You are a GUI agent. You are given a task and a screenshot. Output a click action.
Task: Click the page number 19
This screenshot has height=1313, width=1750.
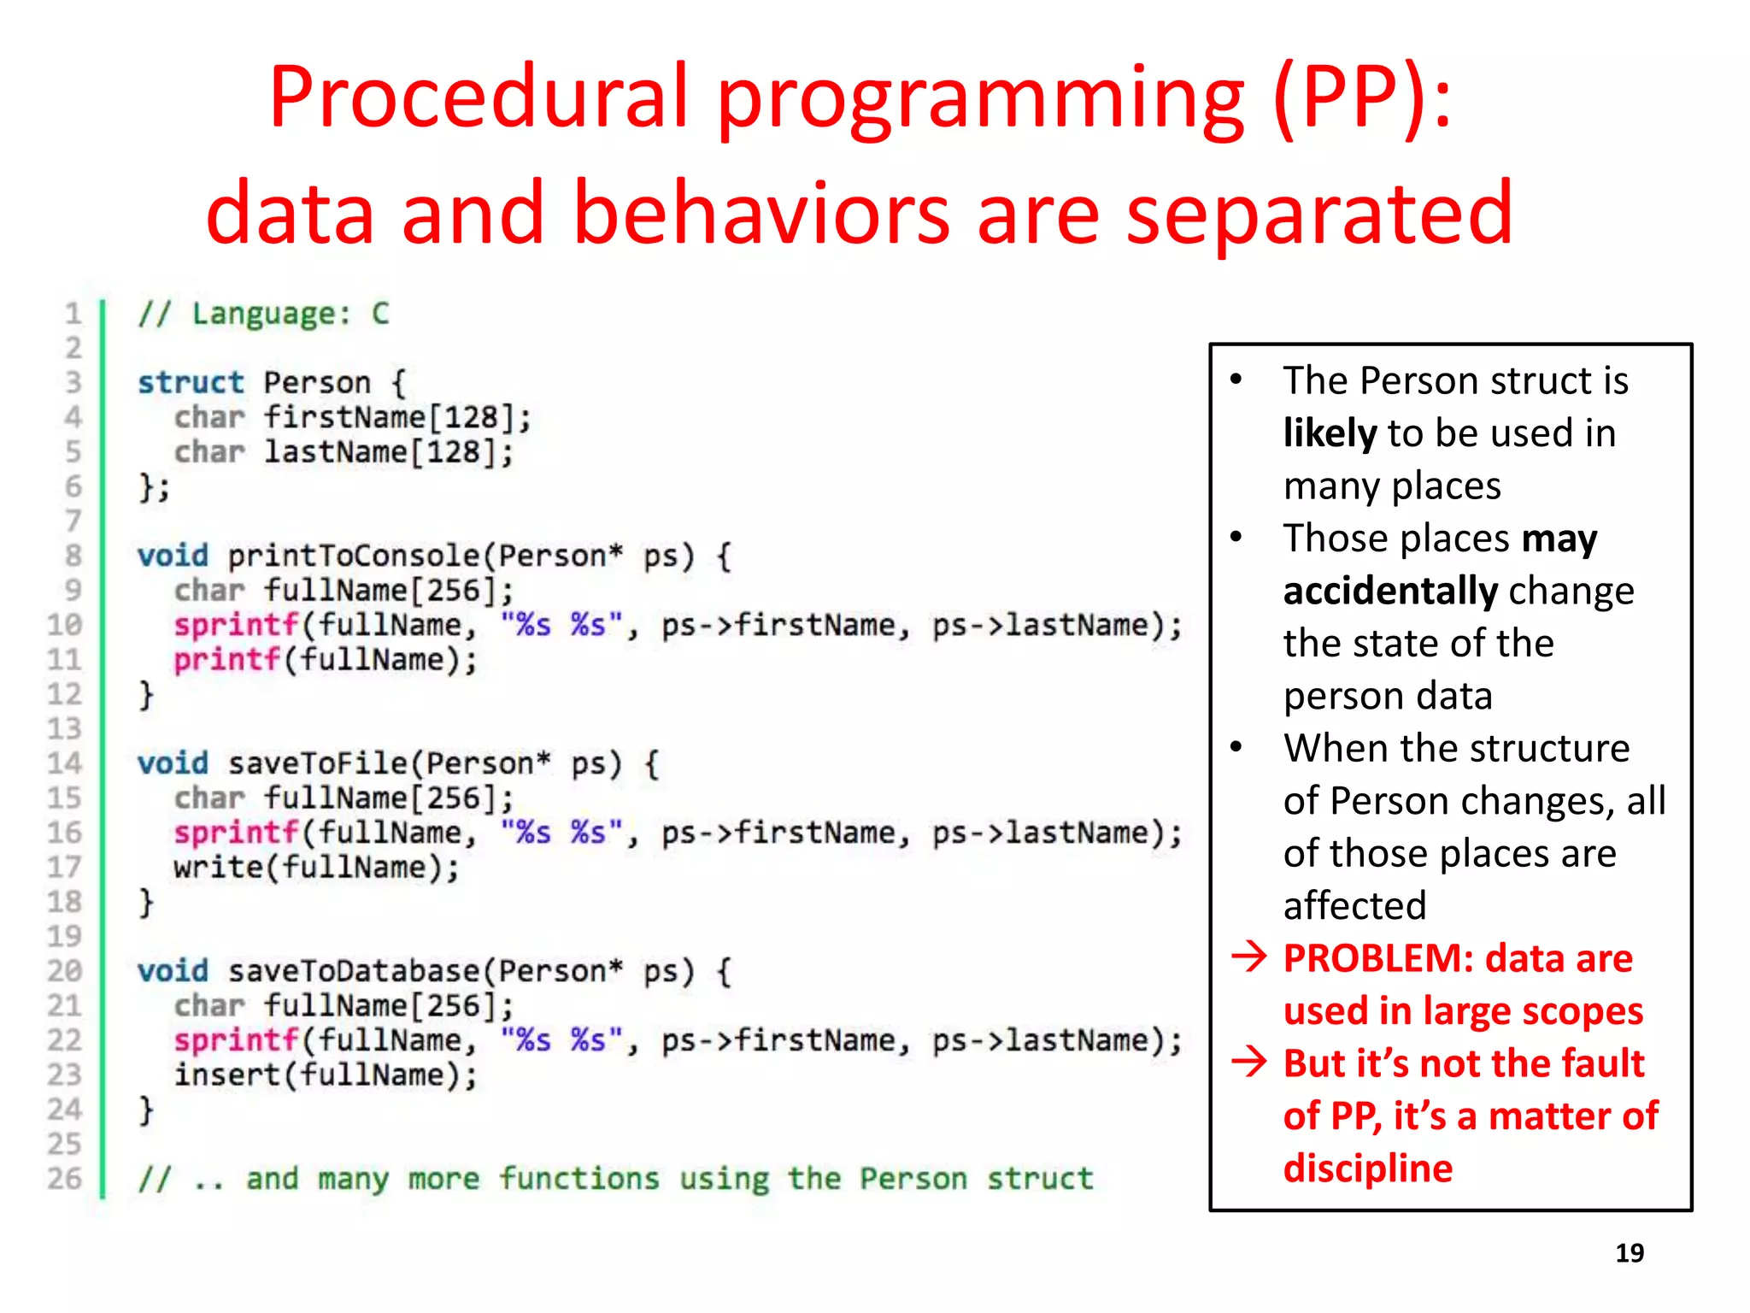pos(1629,1253)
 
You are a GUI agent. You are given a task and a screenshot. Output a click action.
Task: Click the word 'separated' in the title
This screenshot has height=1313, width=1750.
pos(1320,214)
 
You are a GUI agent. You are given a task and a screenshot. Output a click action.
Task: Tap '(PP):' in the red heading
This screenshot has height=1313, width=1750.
pos(1362,98)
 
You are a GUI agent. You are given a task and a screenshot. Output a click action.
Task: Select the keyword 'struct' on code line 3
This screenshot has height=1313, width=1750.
pos(191,382)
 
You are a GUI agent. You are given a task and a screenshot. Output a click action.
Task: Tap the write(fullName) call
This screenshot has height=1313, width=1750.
pos(316,868)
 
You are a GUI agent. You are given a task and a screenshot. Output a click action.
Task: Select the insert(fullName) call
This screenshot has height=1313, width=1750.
pos(325,1075)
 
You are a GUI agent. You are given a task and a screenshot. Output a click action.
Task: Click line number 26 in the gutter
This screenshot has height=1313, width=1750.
pos(65,1179)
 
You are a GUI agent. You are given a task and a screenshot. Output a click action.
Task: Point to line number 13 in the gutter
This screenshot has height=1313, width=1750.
pos(65,729)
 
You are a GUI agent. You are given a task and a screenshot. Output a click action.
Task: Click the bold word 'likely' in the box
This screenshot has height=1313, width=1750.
pos(1330,433)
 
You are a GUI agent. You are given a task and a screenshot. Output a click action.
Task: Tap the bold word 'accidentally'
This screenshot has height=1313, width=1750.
pos(1390,591)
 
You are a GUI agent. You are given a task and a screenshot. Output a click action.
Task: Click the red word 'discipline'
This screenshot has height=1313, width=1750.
pos(1367,1169)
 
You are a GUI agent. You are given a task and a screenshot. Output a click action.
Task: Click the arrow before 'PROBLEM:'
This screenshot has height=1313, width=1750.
pos(1249,957)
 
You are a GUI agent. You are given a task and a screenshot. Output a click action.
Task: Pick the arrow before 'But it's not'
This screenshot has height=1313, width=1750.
pos(1249,1062)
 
